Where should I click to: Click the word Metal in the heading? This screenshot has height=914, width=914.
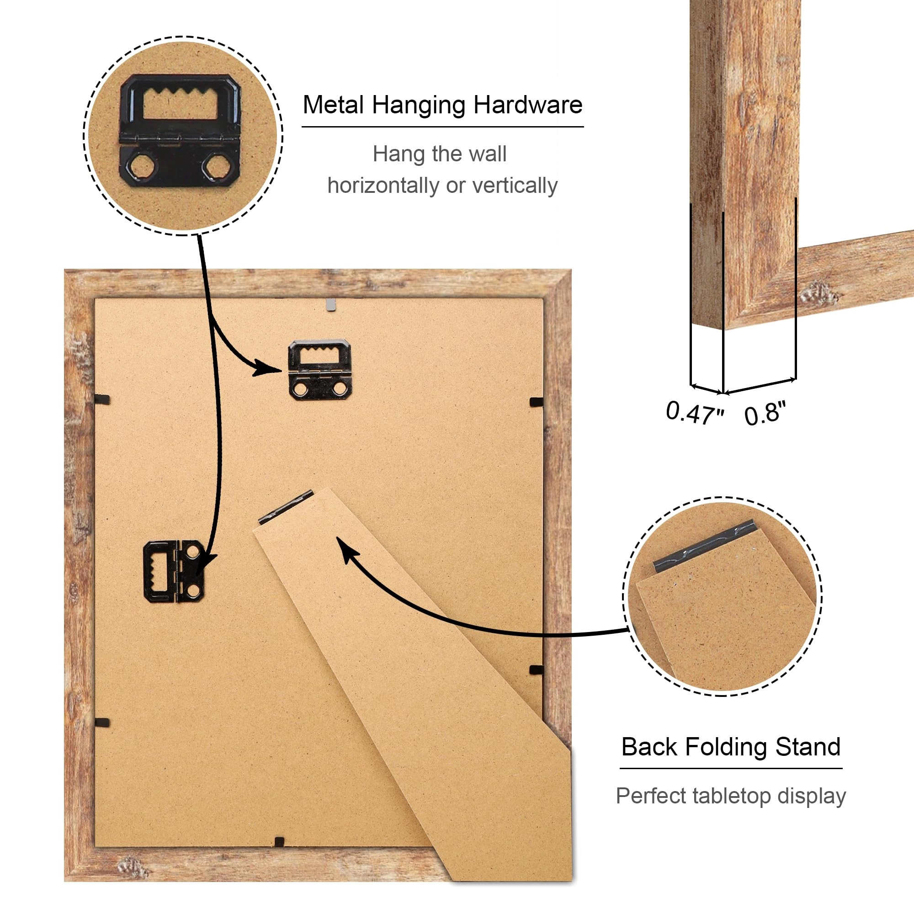click(334, 105)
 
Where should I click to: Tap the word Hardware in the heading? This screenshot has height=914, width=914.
click(528, 105)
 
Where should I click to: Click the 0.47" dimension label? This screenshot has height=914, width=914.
click(694, 413)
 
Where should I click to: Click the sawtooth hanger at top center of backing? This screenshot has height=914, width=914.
click(320, 369)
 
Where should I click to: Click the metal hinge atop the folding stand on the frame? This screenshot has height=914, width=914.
click(286, 507)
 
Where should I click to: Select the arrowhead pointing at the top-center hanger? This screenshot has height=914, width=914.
click(266, 367)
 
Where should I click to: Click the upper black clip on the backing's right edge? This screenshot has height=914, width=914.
click(537, 402)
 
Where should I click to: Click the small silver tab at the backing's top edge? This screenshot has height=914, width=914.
click(332, 304)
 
